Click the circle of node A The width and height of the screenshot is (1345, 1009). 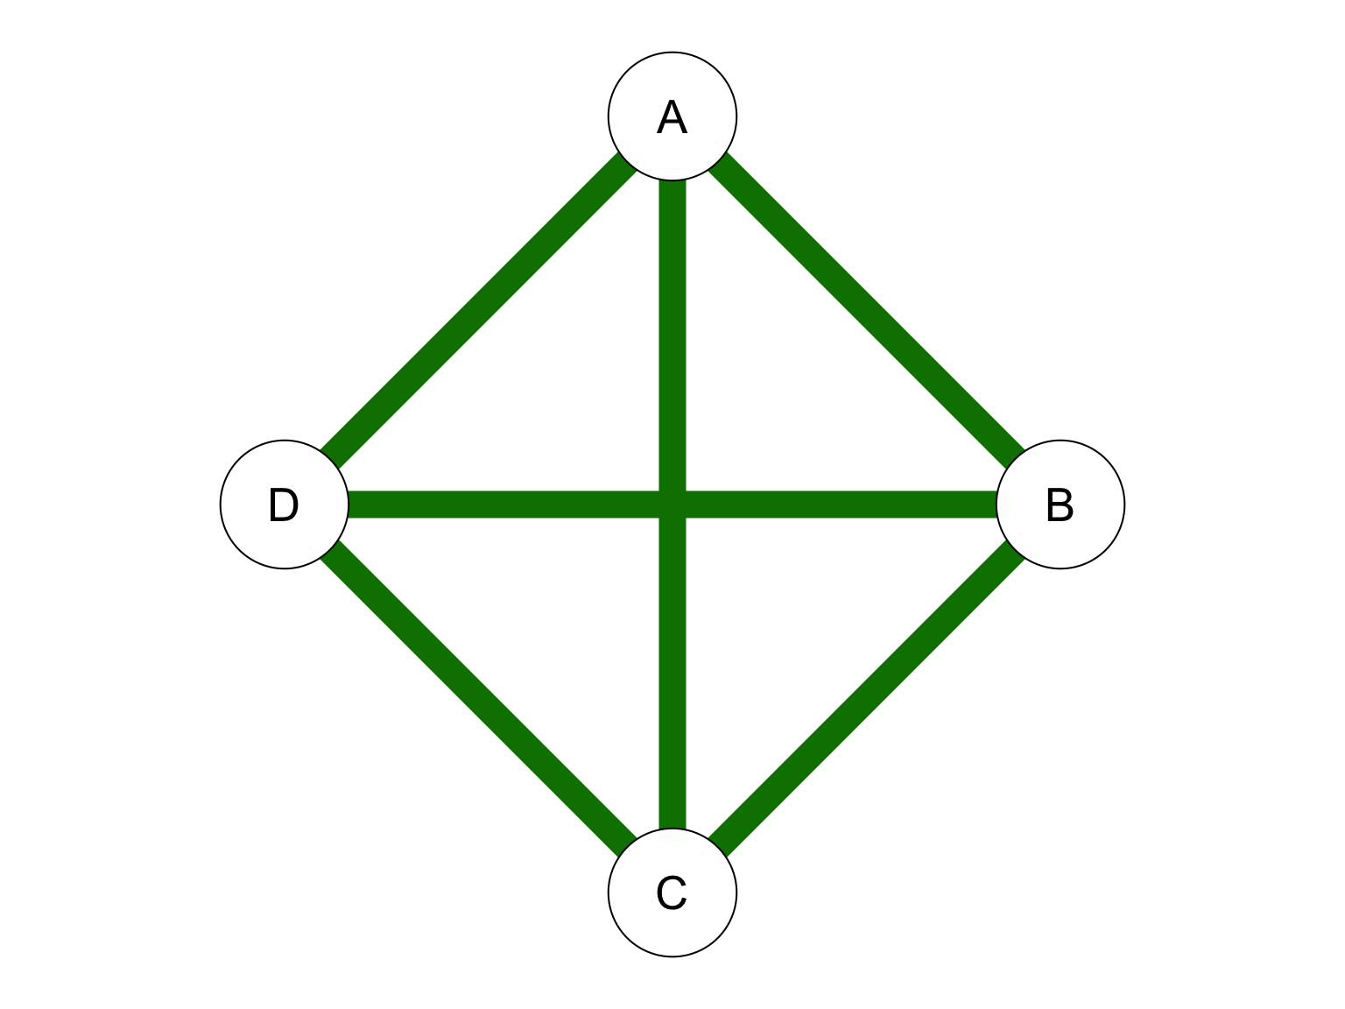click(x=672, y=116)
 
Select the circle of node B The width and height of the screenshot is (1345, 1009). click(x=1060, y=504)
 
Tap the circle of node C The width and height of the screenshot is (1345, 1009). click(x=672, y=892)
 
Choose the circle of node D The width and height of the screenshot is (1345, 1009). click(x=285, y=504)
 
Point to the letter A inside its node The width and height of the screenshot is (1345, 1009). click(x=672, y=116)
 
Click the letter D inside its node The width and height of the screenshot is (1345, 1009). click(x=284, y=504)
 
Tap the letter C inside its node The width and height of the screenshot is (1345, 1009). click(x=672, y=893)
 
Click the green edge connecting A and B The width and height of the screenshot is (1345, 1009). click(x=866, y=310)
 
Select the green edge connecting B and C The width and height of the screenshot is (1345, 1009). click(x=866, y=698)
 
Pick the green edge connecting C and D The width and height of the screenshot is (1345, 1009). click(x=479, y=698)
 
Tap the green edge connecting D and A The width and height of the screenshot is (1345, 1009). click(x=479, y=310)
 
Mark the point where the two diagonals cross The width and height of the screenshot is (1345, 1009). click(x=672, y=504)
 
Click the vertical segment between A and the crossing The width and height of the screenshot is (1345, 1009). click(x=672, y=335)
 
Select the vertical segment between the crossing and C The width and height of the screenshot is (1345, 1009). click(x=672, y=673)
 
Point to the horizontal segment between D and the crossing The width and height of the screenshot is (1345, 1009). click(x=503, y=504)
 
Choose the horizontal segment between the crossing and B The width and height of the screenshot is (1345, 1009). click(x=841, y=504)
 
